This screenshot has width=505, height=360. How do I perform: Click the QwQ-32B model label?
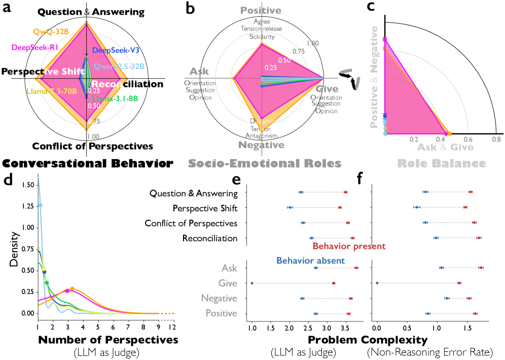pos(51,32)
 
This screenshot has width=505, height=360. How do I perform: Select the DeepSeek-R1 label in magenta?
pos(35,47)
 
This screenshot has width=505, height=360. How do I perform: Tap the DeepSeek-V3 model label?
pos(116,51)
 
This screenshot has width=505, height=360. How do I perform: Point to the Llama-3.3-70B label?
pos(52,92)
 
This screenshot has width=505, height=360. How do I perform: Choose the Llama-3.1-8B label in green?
pos(115,98)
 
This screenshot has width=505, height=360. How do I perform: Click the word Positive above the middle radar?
pos(261,11)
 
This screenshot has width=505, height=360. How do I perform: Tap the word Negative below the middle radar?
pos(261,145)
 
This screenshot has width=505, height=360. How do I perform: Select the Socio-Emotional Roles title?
pos(264,163)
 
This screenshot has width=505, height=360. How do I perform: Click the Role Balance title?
pos(441,163)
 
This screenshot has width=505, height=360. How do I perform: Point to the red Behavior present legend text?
pos(349,246)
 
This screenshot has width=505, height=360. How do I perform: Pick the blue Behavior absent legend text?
pos(310,261)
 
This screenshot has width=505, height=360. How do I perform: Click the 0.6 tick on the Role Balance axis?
pos(468,139)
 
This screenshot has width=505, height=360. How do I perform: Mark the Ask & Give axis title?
pos(445,148)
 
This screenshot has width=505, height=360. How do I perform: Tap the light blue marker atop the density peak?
pos(41,205)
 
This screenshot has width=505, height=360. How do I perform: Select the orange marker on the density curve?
pos(72,289)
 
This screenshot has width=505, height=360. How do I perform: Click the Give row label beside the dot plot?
pos(228,283)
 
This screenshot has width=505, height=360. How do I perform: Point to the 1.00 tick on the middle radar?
pos(313,44)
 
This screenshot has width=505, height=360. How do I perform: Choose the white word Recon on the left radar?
pos(107,84)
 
